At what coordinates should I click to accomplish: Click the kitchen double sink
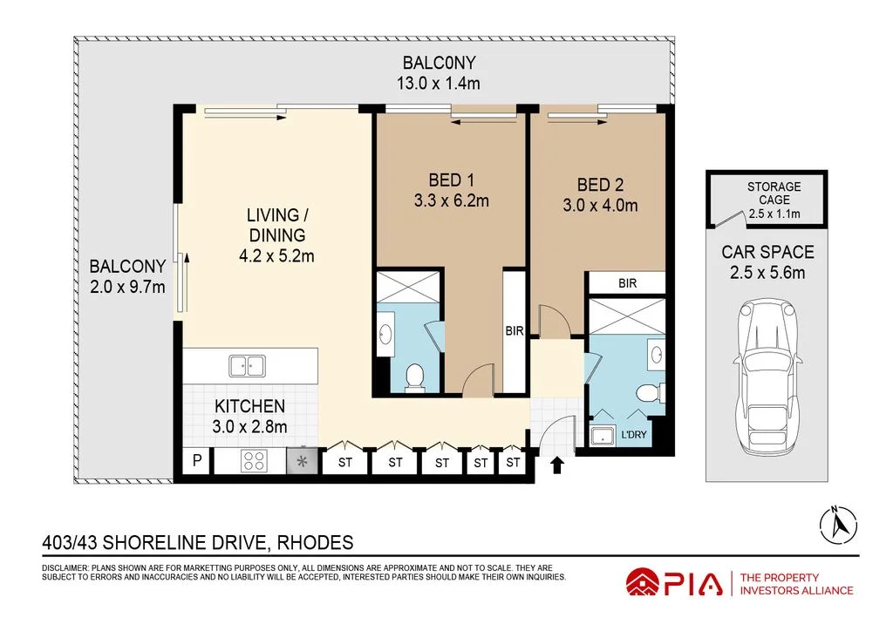click(248, 366)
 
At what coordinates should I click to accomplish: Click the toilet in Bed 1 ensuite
click(415, 377)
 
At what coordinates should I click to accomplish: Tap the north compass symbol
click(835, 523)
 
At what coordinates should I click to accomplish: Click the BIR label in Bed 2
click(626, 283)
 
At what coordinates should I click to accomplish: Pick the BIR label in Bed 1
click(514, 331)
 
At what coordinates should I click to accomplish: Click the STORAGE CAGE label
click(774, 187)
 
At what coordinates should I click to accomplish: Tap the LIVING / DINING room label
click(276, 224)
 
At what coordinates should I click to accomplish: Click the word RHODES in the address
click(315, 543)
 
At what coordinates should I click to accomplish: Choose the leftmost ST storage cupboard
click(345, 463)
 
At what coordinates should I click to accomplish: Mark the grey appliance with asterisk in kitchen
click(303, 462)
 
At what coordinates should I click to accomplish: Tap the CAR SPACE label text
click(767, 252)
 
